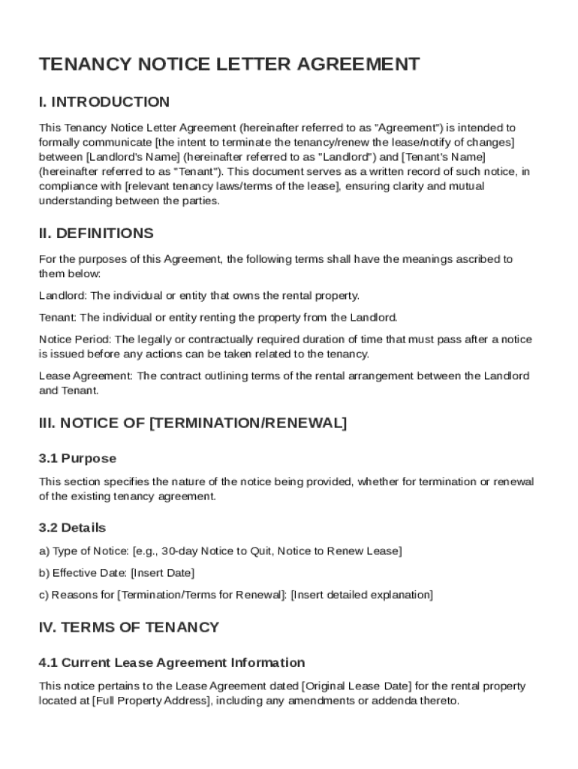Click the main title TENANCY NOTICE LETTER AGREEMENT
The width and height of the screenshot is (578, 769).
tap(229, 65)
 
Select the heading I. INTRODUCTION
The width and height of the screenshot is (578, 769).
tap(104, 102)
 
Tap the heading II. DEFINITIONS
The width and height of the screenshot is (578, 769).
tap(96, 234)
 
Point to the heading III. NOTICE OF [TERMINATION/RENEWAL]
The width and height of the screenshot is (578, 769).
tap(193, 424)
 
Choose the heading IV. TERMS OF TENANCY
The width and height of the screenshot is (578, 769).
tap(129, 627)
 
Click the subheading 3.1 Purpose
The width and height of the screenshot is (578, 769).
tap(77, 458)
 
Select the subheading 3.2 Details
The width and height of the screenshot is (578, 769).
tap(72, 528)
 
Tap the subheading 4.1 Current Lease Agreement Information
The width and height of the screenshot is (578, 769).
tap(172, 662)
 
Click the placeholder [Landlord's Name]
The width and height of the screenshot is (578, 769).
tap(132, 157)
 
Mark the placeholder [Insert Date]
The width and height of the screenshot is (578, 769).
tap(162, 573)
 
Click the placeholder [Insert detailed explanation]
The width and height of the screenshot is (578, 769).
tap(362, 595)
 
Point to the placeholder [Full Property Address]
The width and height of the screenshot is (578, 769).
tap(152, 701)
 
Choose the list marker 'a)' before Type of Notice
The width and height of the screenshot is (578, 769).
tap(44, 551)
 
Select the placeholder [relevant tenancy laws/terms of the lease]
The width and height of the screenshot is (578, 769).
tap(233, 186)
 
